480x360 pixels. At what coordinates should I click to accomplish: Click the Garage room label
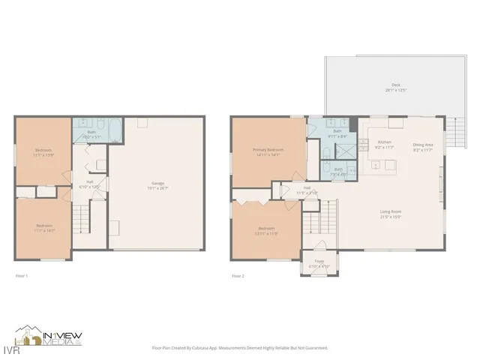coord(158,184)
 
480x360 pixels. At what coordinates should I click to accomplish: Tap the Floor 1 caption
coord(22,276)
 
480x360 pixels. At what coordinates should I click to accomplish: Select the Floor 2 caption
coord(238,276)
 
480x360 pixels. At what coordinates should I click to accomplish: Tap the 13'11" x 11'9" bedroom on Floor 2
coord(267,230)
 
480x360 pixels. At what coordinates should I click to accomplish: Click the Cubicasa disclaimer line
coord(240,348)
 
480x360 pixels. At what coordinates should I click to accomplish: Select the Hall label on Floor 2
coord(307,189)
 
